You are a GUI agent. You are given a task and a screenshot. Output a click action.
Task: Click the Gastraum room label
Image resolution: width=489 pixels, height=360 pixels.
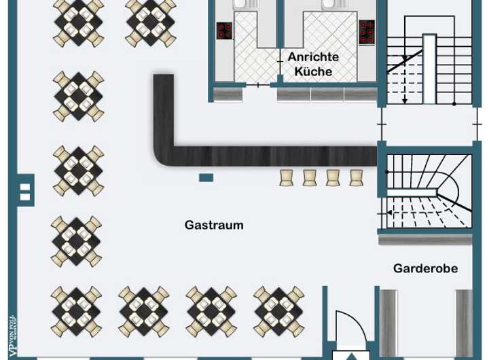coord(213,225)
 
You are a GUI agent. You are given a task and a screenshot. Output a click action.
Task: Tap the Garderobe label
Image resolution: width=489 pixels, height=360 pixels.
coord(425,268)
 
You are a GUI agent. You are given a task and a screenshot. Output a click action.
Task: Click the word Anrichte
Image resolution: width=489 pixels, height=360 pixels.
coord(313,57)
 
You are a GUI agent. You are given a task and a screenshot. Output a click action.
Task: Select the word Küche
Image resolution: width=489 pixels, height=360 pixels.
coord(313,71)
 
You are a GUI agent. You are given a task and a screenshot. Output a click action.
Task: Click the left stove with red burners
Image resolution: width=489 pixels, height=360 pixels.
coord(224,31)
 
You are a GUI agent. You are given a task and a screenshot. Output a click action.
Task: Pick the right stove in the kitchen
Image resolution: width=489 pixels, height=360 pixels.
coord(367,31)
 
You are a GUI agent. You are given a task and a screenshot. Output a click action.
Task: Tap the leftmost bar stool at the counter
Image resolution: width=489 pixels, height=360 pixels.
coord(287,177)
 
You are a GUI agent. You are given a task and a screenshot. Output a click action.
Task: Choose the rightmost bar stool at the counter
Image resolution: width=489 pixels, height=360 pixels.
coord(356,177)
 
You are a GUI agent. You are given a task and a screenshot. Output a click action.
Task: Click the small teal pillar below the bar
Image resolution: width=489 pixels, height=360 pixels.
coord(206,178)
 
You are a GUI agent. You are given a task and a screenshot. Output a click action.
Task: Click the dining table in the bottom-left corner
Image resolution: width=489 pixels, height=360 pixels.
coord(76,312)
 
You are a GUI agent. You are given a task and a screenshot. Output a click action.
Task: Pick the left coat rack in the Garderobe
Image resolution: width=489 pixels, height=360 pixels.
coord(388,322)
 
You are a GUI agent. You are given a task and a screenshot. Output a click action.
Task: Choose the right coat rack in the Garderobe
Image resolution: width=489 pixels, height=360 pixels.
coord(464,322)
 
